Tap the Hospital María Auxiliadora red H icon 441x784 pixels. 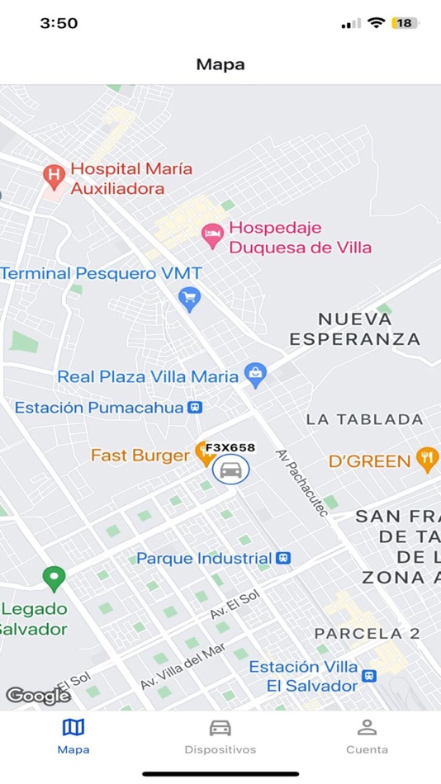click(54, 175)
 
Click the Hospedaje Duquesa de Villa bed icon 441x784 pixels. click(213, 235)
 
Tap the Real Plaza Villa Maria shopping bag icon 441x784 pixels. click(255, 375)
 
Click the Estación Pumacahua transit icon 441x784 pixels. click(195, 407)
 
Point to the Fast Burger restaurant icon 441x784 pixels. click(202, 453)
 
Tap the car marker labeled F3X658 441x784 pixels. click(231, 470)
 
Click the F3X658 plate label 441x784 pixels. click(230, 448)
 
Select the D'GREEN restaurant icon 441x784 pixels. click(427, 459)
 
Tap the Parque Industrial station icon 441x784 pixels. click(283, 559)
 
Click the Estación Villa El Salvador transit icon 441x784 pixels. click(369, 676)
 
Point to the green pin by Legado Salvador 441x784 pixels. click(55, 578)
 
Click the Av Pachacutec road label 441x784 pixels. click(302, 483)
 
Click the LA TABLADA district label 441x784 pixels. click(364, 419)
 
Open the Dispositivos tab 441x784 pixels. click(220, 736)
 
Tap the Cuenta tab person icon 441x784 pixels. click(367, 727)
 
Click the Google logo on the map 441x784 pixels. click(38, 695)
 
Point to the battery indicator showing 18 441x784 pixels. click(405, 23)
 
